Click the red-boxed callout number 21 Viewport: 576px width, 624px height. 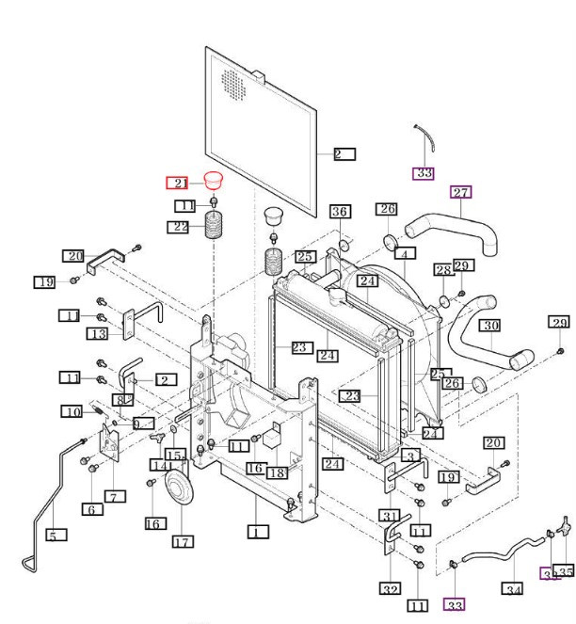click(179, 184)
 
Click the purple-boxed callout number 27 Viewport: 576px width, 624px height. click(460, 193)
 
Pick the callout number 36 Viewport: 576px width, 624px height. click(340, 211)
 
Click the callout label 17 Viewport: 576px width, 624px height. click(182, 541)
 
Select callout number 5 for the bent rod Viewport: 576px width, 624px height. click(56, 536)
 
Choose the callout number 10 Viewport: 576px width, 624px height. click(73, 411)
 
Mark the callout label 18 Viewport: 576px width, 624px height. click(276, 472)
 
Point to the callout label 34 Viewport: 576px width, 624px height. click(512, 589)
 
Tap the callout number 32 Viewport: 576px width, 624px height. click(390, 589)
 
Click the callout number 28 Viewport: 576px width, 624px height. click(441, 270)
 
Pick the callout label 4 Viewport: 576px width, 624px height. click(404, 253)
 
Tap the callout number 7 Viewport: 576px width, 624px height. click(115, 496)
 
